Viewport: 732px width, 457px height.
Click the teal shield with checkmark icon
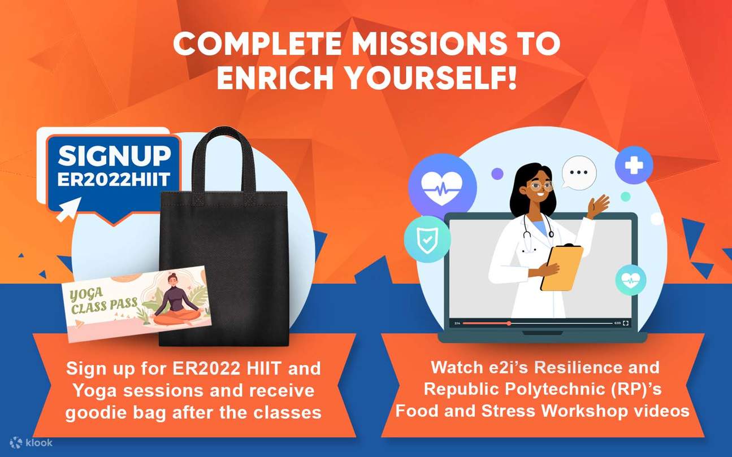click(x=427, y=239)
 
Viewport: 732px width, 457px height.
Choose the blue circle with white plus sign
click(x=634, y=165)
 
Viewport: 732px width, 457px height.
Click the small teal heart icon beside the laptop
click(x=630, y=280)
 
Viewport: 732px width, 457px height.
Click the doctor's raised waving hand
click(x=598, y=206)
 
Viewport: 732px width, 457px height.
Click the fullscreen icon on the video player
click(x=626, y=323)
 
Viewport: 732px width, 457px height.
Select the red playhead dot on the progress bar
click(x=509, y=323)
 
